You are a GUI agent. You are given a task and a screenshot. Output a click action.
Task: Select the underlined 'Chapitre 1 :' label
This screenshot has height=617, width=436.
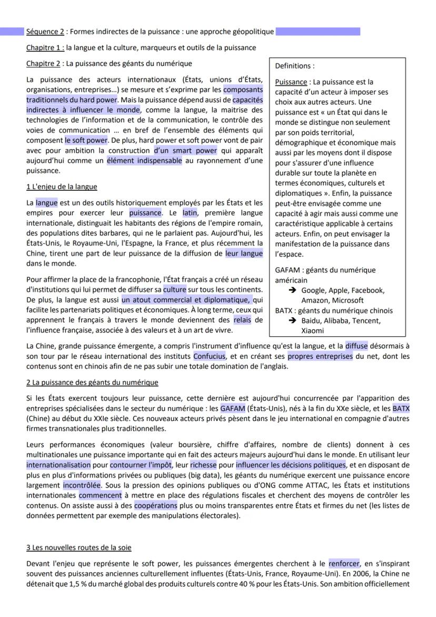[x=45, y=48]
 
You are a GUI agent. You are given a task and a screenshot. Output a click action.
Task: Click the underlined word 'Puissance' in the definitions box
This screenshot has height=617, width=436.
[x=291, y=82]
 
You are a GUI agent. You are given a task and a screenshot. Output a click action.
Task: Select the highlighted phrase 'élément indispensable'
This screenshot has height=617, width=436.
[x=144, y=161]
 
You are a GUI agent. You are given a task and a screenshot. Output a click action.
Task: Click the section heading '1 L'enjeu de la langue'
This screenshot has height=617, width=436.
[x=62, y=187]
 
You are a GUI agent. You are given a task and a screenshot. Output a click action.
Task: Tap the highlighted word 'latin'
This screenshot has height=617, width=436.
[x=190, y=212]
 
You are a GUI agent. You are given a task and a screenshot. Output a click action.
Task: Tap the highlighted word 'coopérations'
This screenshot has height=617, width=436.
[x=155, y=506]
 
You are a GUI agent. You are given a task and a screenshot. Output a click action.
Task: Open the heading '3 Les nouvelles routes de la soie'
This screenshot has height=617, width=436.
[x=79, y=547]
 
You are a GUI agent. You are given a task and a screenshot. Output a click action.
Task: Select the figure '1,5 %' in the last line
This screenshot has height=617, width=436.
[x=87, y=584]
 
